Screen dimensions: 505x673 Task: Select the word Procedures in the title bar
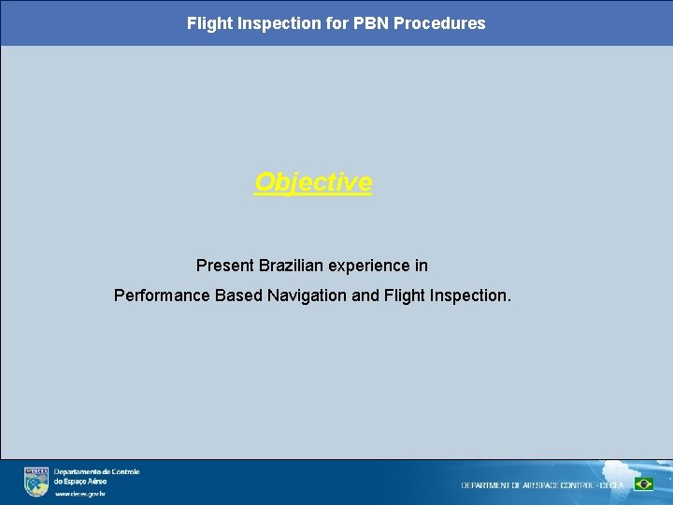click(x=439, y=23)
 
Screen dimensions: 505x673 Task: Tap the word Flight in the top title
click(x=208, y=23)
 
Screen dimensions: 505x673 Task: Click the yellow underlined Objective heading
click(x=313, y=181)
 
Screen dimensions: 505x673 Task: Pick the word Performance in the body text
click(x=162, y=296)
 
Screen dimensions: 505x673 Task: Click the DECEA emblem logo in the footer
click(x=36, y=481)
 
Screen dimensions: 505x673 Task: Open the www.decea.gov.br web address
click(x=79, y=494)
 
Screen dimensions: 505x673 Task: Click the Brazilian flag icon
click(x=643, y=484)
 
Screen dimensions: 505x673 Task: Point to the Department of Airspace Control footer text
click(x=542, y=485)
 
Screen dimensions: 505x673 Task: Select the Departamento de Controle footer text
click(x=96, y=472)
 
